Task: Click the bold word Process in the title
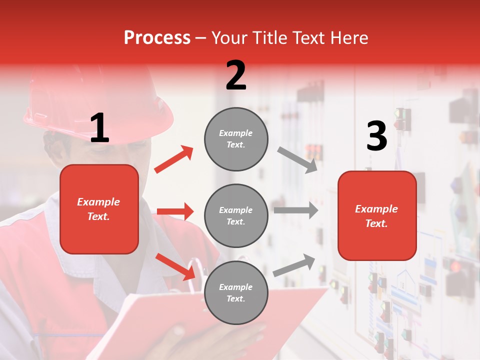[157, 37]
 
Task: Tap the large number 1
[99, 128]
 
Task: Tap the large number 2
[236, 75]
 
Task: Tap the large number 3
[376, 136]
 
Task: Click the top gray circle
[236, 139]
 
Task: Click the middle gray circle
[236, 215]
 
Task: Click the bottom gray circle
[236, 292]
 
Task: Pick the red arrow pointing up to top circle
[174, 159]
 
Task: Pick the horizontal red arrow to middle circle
[175, 211]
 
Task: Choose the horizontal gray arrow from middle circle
[295, 210]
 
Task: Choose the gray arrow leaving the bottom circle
[294, 265]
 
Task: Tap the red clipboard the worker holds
[150, 320]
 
